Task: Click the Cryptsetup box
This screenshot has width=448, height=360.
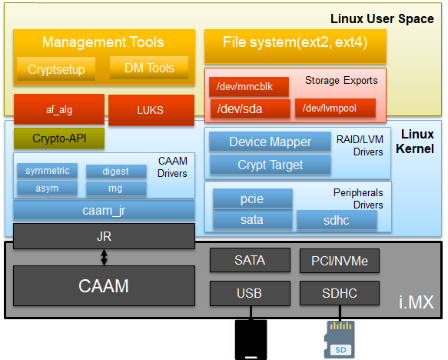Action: (x=56, y=69)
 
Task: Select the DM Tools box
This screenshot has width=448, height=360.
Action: (x=149, y=68)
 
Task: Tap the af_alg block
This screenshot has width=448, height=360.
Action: (x=59, y=109)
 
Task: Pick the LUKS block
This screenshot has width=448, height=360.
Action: (x=151, y=110)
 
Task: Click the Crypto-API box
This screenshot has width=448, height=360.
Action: (x=59, y=138)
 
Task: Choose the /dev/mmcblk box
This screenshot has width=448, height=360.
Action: (x=249, y=86)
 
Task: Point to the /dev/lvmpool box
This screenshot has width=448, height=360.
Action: (x=335, y=108)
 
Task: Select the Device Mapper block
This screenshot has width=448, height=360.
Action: (x=270, y=142)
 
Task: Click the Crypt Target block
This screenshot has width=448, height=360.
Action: (x=270, y=165)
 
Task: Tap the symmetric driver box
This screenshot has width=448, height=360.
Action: (x=47, y=171)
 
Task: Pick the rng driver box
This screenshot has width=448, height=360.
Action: (x=116, y=188)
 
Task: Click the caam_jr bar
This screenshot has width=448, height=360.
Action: (x=104, y=211)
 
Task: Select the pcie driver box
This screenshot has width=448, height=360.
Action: (x=253, y=198)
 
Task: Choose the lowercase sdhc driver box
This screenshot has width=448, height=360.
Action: (x=337, y=220)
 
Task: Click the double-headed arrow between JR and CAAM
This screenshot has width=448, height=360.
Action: (x=104, y=257)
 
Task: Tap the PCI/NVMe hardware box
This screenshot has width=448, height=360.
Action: (x=340, y=261)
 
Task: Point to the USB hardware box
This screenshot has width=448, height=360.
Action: (x=250, y=293)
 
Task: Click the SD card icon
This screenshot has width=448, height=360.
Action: (x=340, y=339)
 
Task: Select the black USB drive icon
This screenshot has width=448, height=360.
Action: (x=251, y=340)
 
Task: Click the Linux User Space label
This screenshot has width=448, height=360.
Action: (x=382, y=19)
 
